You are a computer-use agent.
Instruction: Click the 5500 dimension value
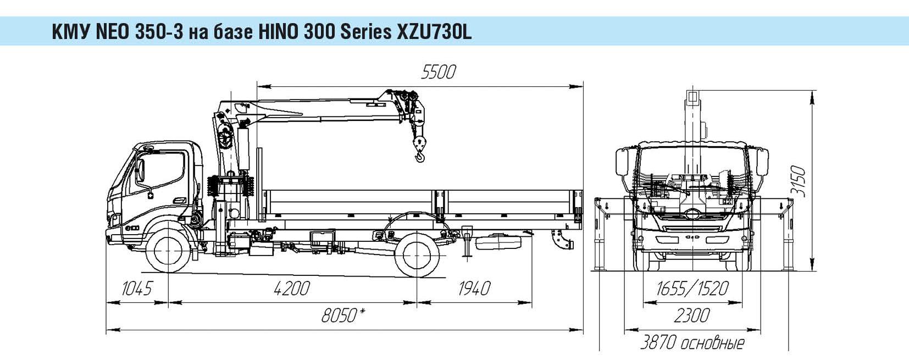pos(438,72)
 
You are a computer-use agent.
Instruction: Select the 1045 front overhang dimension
pos(136,288)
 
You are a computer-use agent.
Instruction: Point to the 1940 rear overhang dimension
pos(473,288)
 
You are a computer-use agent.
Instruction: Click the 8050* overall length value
pos(344,316)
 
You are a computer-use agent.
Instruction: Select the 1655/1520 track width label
pos(691,288)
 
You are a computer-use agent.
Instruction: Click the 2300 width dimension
pos(691,315)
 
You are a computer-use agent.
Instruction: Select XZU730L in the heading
pos(433,33)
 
